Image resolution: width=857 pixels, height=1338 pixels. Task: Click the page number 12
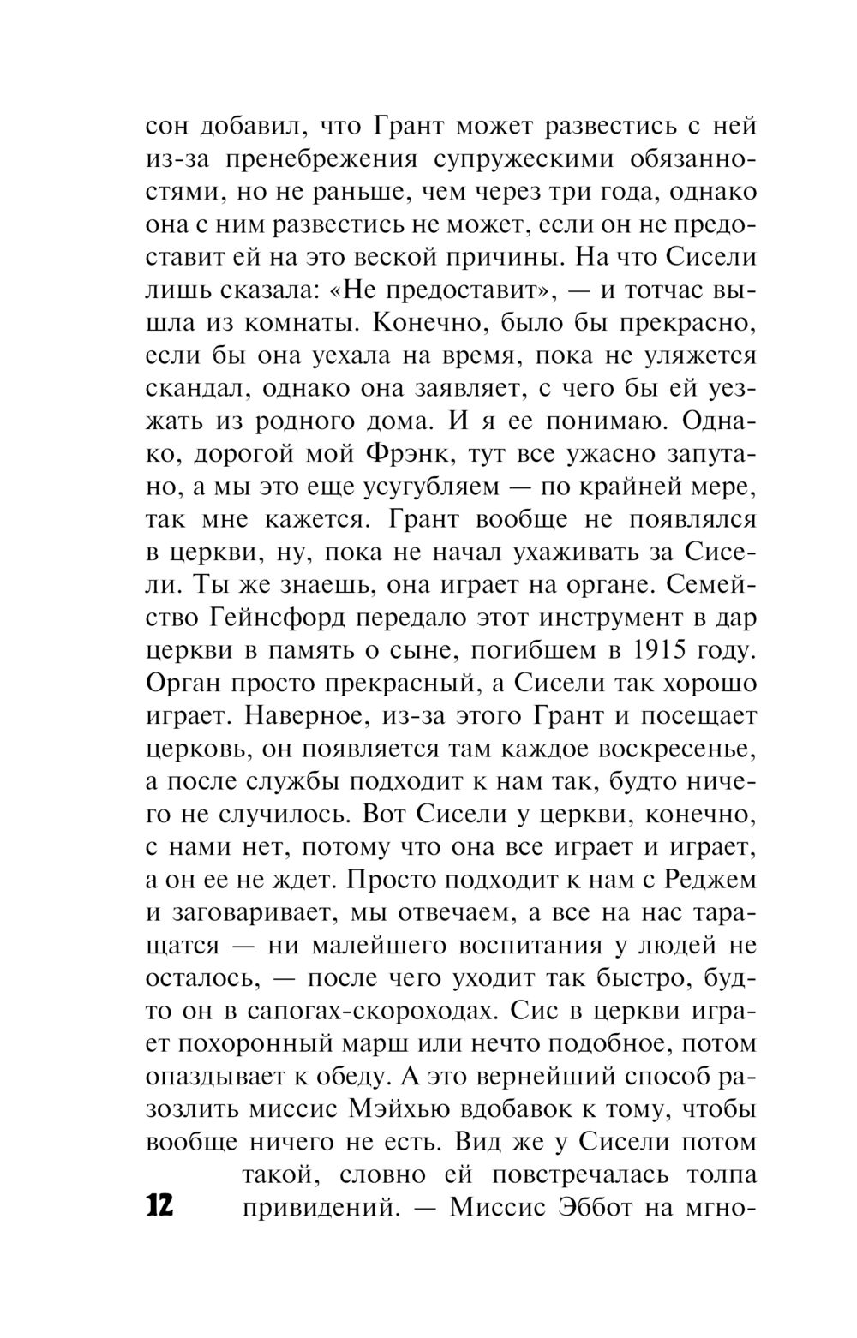[159, 1205]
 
